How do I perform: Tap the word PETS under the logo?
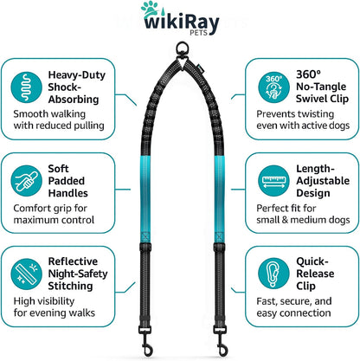[x=198, y=33]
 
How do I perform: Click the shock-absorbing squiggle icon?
[x=26, y=87]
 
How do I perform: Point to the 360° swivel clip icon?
[x=273, y=87]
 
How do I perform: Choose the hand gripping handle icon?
[x=26, y=181]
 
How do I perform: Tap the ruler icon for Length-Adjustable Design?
[x=273, y=181]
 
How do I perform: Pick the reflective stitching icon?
[x=26, y=274]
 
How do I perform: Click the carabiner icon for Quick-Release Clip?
[x=273, y=274]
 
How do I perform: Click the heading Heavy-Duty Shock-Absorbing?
[x=77, y=87]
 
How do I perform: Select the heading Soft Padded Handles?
[x=67, y=181]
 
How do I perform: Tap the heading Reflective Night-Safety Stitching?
[x=78, y=274]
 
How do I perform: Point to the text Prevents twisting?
[x=295, y=114]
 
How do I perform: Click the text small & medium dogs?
[x=303, y=220]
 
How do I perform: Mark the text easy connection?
[x=293, y=313]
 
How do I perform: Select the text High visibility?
[x=44, y=301]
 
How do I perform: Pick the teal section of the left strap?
[x=145, y=199]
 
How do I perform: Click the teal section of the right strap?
[x=220, y=199]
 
